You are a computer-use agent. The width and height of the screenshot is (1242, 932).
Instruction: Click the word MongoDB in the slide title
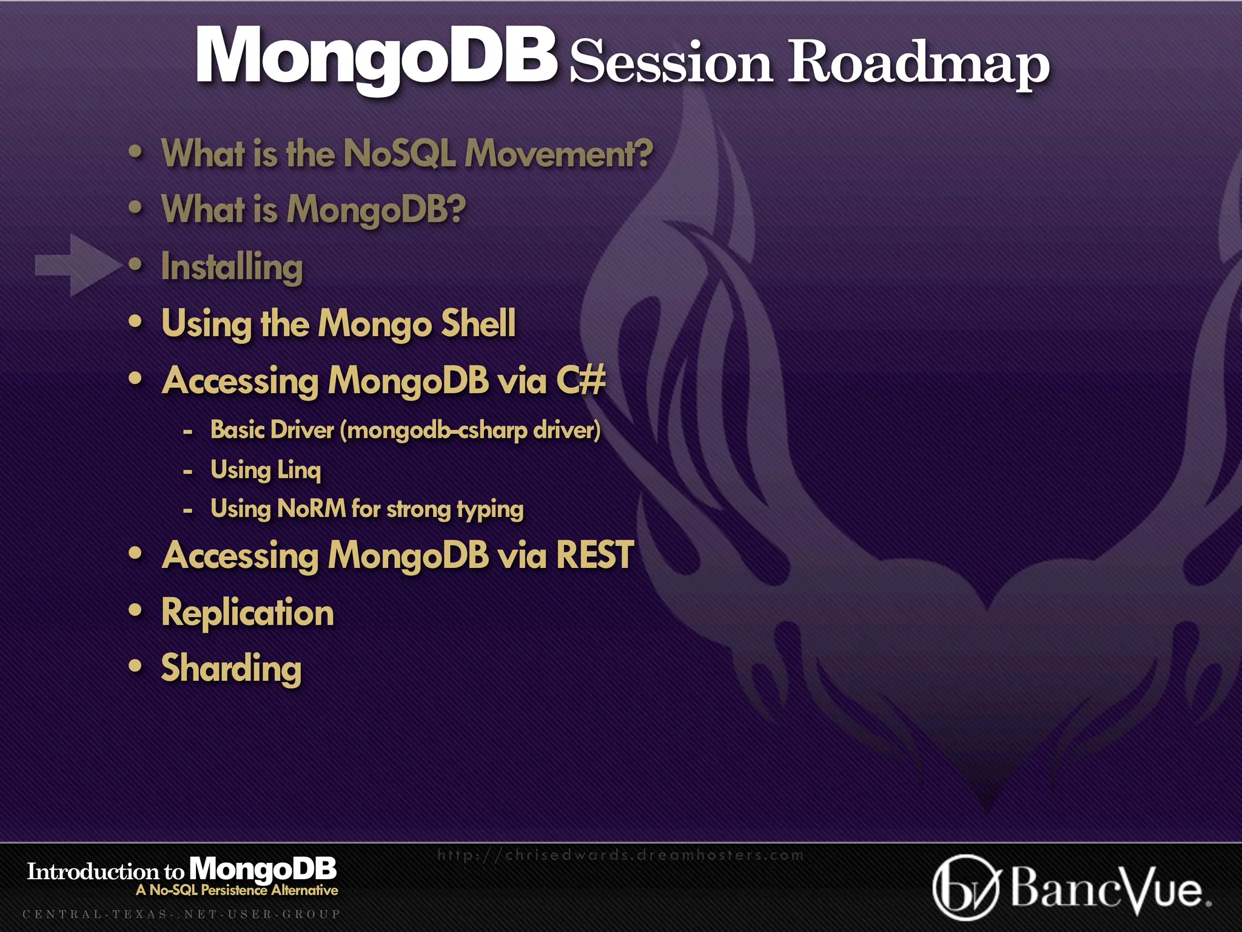point(376,56)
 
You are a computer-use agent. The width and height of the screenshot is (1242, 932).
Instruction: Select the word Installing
point(232,268)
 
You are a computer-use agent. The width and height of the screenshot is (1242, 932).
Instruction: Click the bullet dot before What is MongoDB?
point(136,208)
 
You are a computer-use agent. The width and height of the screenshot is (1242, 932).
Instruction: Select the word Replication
point(247,613)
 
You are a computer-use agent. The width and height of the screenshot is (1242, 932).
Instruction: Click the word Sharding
point(231,669)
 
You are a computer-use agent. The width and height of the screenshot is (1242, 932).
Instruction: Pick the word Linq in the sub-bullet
point(298,470)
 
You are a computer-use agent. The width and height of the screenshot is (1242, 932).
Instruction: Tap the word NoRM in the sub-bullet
point(311,508)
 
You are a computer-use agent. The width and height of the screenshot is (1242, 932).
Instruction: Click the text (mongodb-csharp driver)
point(470,431)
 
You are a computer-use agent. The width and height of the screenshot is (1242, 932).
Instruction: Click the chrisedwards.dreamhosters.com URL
point(620,855)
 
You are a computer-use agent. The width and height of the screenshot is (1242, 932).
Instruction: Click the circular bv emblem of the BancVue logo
point(964,888)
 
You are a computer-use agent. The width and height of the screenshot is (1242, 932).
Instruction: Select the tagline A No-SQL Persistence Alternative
point(237,890)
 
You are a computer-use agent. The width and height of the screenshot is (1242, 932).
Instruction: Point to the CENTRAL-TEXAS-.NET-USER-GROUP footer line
point(181,914)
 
